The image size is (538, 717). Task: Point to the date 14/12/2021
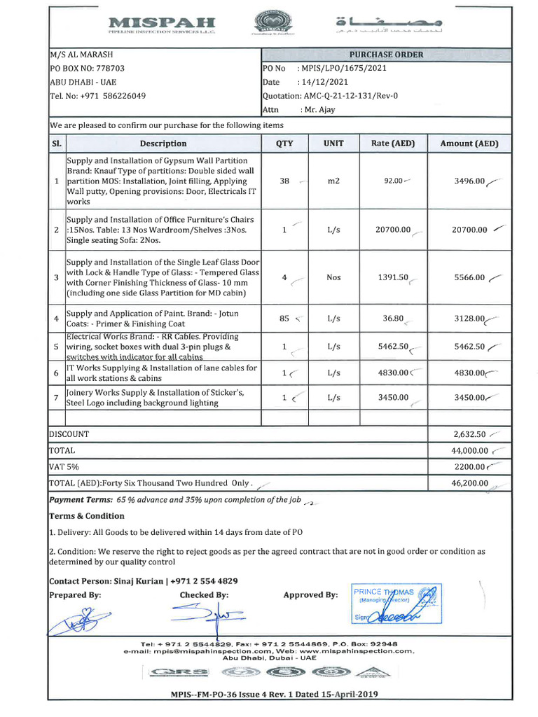[323, 82]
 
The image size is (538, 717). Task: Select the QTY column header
[284, 144]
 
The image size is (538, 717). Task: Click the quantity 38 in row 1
[284, 181]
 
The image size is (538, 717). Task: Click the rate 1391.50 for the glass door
[393, 277]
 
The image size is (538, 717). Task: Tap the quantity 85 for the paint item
[284, 319]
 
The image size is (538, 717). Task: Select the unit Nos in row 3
[333, 277]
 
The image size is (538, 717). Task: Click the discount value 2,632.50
[469, 434]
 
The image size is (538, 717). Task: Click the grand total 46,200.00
[469, 483]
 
